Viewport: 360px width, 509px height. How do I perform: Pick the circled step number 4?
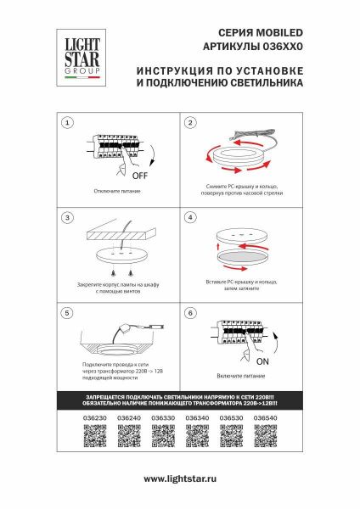tap(191, 218)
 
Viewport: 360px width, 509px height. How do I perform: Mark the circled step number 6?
tap(191, 313)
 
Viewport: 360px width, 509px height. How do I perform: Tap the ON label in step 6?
tap(262, 361)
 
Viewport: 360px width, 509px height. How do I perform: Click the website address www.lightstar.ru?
tap(180, 480)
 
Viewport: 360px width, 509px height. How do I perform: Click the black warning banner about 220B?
tap(180, 400)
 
